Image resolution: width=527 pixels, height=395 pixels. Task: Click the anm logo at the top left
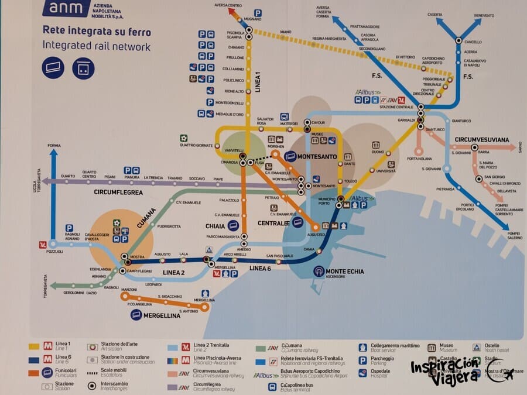pyautogui.click(x=66, y=7)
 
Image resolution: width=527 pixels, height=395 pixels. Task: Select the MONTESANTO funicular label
pyautogui.click(x=317, y=157)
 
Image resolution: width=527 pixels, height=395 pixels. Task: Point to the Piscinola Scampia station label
pyautogui.click(x=235, y=35)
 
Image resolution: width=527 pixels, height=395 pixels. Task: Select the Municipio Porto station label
pyautogui.click(x=327, y=201)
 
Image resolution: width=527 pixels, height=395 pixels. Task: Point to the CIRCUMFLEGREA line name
pyautogui.click(x=118, y=192)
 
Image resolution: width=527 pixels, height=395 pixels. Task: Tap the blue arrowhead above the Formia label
pyautogui.click(x=53, y=154)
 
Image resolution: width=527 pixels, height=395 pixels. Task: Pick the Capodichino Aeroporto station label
pyautogui.click(x=436, y=61)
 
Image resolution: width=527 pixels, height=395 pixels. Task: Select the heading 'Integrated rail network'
pyautogui.click(x=97, y=47)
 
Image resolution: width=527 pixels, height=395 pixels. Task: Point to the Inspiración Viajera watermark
pyautogui.click(x=448, y=372)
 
